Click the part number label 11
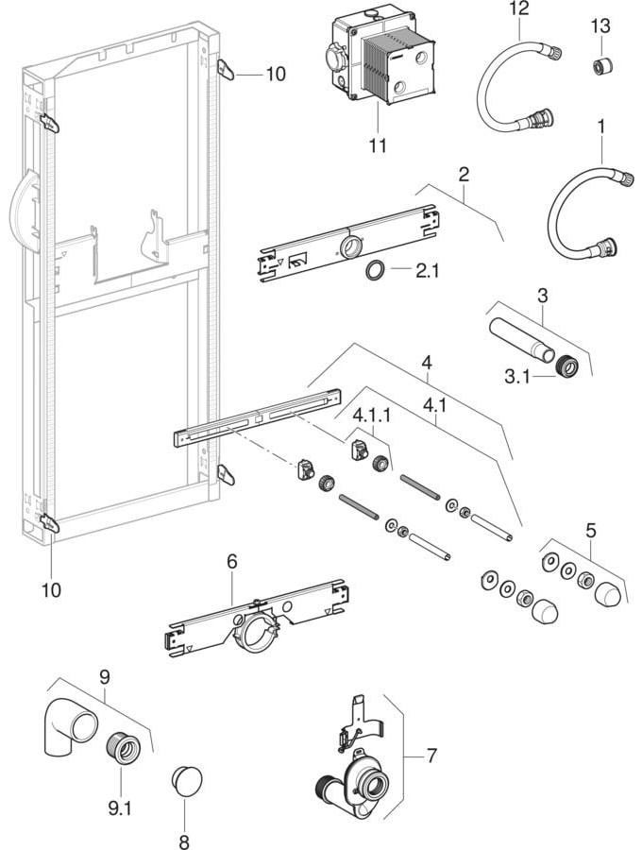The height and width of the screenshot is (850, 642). pyautogui.click(x=378, y=145)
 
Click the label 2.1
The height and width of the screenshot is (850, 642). pyautogui.click(x=427, y=270)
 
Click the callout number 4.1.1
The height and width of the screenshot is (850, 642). pyautogui.click(x=373, y=416)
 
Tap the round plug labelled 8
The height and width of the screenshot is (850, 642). pyautogui.click(x=187, y=781)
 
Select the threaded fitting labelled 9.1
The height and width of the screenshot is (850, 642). pyautogui.click(x=123, y=749)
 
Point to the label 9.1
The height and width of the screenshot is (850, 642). pyautogui.click(x=120, y=808)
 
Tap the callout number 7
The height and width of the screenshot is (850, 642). pyautogui.click(x=431, y=756)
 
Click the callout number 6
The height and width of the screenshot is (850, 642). pyautogui.click(x=232, y=562)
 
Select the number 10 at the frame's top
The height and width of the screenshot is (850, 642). pyautogui.click(x=276, y=74)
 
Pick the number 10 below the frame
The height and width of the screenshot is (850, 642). pyautogui.click(x=52, y=589)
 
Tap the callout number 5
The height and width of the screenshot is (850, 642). pyautogui.click(x=590, y=530)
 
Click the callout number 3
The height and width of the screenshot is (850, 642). pyautogui.click(x=543, y=296)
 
